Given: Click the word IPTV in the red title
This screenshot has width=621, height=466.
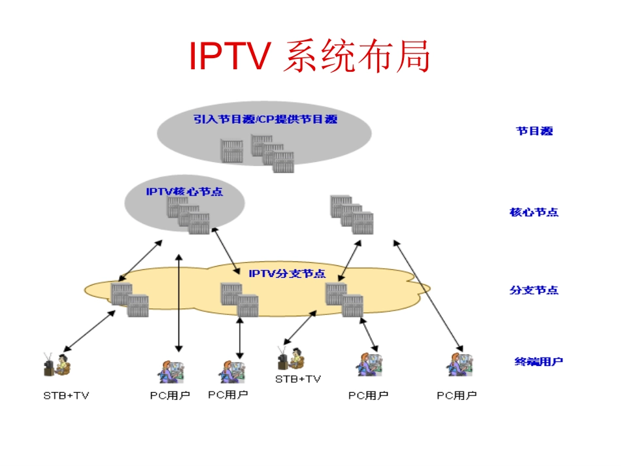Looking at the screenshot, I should [229, 57].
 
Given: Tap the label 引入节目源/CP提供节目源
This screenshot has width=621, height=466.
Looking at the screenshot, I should [265, 119].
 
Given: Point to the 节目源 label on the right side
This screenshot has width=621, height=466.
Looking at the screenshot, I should [534, 131].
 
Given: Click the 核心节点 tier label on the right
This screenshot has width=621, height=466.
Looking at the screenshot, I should [534, 212].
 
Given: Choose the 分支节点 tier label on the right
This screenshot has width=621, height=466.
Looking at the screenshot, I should [534, 290].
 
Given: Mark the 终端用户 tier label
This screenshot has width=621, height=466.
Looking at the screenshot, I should [538, 361].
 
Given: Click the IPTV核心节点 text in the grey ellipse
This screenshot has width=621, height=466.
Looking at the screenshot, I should [184, 191].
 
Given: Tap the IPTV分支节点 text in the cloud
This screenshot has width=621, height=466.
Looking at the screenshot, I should [287, 273].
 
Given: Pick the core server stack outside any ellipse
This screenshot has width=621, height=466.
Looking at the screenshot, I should [351, 214].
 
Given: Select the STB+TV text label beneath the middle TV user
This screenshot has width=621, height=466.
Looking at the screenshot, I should [297, 379].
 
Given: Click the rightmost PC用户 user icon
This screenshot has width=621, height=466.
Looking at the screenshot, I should [460, 364].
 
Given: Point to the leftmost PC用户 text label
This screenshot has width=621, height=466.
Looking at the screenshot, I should [169, 395].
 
